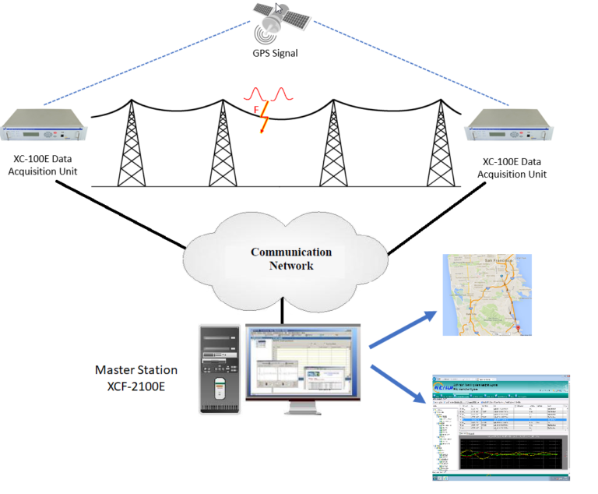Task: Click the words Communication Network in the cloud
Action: click(x=290, y=259)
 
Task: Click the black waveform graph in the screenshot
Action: click(x=507, y=456)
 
